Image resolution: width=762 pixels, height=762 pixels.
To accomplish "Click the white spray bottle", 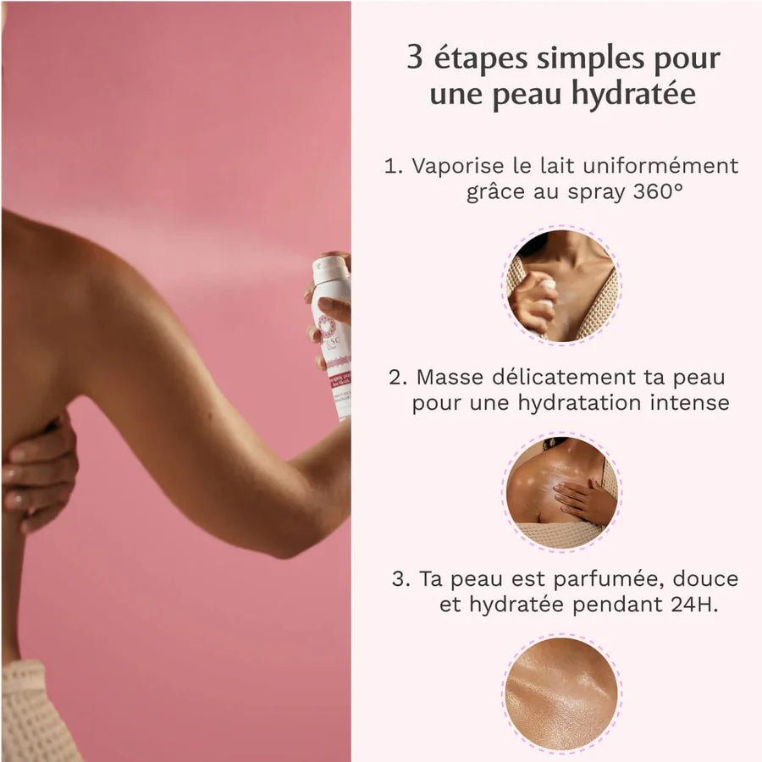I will click(x=332, y=339).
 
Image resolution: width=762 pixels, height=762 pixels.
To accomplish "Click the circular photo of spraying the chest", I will click(x=562, y=285).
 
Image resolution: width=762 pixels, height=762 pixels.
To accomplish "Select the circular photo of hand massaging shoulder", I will click(x=562, y=491).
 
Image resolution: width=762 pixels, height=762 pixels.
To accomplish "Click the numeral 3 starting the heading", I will click(x=415, y=58).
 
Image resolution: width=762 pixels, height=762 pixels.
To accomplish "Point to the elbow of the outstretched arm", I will click(x=292, y=542).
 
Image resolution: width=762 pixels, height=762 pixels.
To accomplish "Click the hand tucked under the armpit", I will click(x=38, y=470).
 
